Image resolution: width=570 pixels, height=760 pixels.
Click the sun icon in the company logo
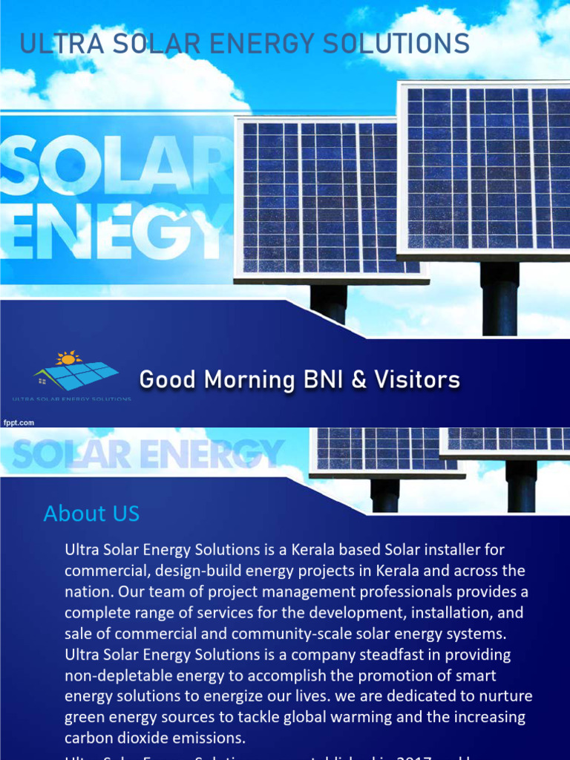click(68, 358)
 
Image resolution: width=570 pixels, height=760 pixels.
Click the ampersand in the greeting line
click(360, 380)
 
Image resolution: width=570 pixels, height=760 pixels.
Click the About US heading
click(91, 514)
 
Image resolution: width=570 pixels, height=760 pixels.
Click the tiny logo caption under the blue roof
click(82, 399)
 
